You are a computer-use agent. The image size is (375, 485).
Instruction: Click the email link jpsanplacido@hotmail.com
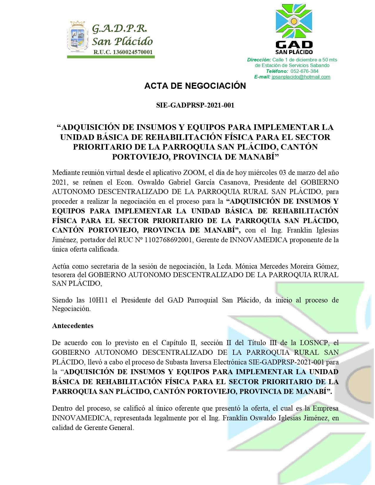coord(301,77)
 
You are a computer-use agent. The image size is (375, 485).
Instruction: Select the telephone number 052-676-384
coord(304,71)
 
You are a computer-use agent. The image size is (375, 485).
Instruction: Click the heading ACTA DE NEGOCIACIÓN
coord(195,86)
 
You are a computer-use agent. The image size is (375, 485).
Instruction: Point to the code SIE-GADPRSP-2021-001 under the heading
coord(195,105)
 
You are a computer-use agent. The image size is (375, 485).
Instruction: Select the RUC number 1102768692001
coord(169,240)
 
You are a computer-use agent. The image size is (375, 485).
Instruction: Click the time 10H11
coord(98,300)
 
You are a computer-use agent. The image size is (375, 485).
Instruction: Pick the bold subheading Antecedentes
coord(73,326)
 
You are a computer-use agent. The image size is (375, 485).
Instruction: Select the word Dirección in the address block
coord(259,60)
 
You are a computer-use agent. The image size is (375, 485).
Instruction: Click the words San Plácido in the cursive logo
coord(122,41)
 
